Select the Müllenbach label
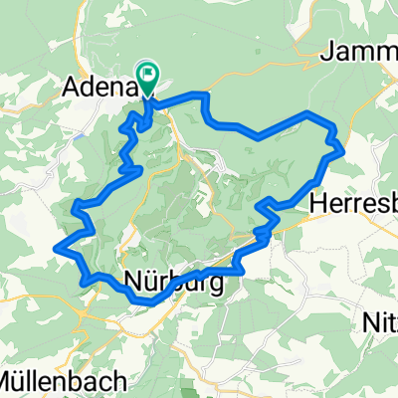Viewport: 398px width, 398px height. [x=62, y=379]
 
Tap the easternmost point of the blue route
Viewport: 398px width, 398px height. [x=344, y=150]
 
